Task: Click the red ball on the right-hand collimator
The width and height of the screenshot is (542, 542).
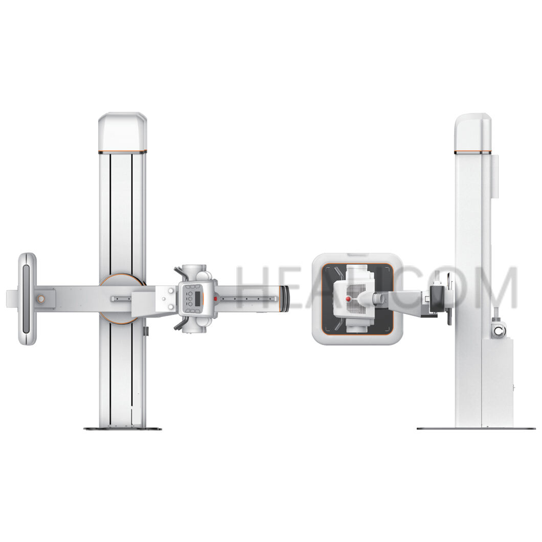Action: click(x=348, y=298)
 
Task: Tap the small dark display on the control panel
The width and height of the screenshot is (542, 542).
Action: click(x=198, y=299)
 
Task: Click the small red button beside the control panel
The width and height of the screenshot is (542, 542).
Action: click(x=215, y=299)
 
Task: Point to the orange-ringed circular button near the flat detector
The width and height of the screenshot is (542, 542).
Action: click(x=41, y=299)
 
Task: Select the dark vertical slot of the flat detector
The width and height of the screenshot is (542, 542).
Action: click(x=26, y=299)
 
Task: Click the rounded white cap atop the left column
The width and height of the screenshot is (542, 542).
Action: click(x=123, y=132)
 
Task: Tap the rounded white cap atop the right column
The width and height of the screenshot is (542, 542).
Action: click(x=473, y=132)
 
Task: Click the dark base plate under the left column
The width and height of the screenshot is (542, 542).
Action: click(x=123, y=429)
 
